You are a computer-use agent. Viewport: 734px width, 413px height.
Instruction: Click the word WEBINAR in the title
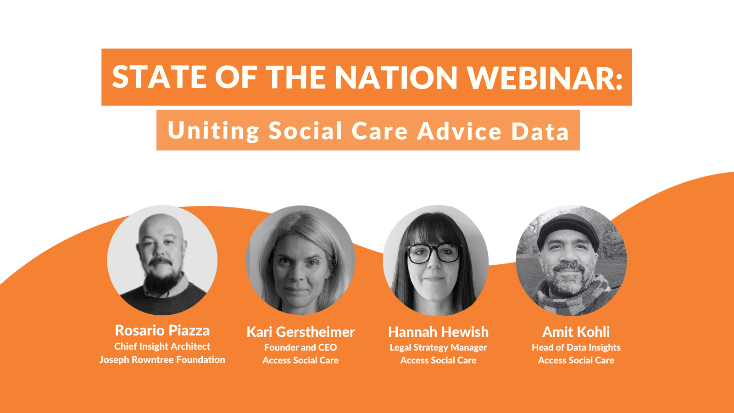[545, 77]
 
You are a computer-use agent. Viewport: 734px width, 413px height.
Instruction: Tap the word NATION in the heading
[396, 77]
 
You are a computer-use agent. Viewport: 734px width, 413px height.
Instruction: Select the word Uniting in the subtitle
[213, 130]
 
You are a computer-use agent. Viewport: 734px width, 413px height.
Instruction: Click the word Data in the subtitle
[540, 131]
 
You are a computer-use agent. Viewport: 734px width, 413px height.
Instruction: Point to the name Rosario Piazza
[162, 330]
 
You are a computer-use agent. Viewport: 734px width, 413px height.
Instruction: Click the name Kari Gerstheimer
[300, 332]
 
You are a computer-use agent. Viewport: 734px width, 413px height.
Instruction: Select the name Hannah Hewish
[438, 332]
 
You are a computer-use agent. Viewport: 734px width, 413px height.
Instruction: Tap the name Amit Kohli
[576, 332]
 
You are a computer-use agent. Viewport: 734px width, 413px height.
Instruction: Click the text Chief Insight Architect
[162, 346]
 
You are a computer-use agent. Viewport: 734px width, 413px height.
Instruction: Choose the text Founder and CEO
[300, 347]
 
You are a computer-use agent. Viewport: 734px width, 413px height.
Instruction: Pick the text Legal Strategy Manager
[438, 347]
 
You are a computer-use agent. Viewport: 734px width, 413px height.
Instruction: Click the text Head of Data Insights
[576, 347]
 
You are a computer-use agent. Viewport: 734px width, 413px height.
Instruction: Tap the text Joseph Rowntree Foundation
[162, 360]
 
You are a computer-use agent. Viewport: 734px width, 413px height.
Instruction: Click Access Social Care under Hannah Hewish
[438, 361]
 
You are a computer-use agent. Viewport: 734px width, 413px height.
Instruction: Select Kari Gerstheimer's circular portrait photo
[300, 260]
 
